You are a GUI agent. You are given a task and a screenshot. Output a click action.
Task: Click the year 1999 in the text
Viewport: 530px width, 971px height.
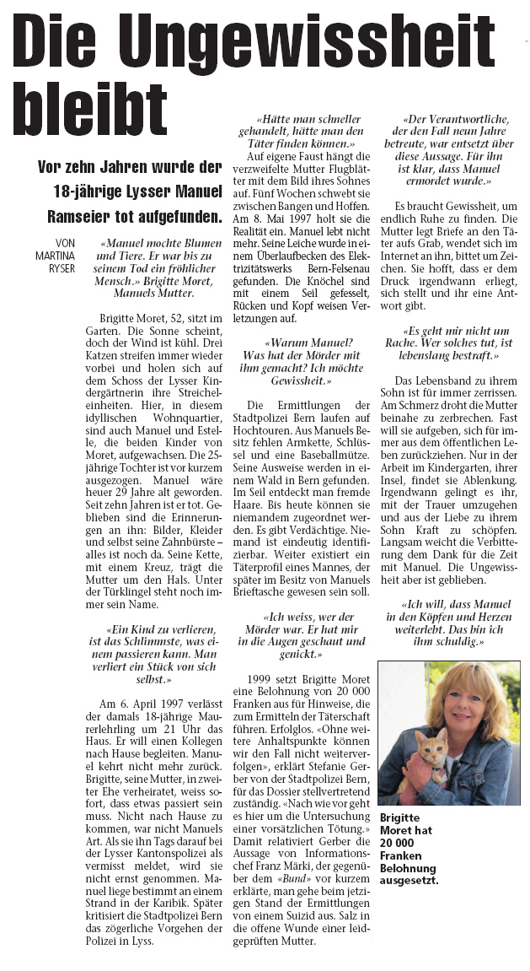click(262, 680)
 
